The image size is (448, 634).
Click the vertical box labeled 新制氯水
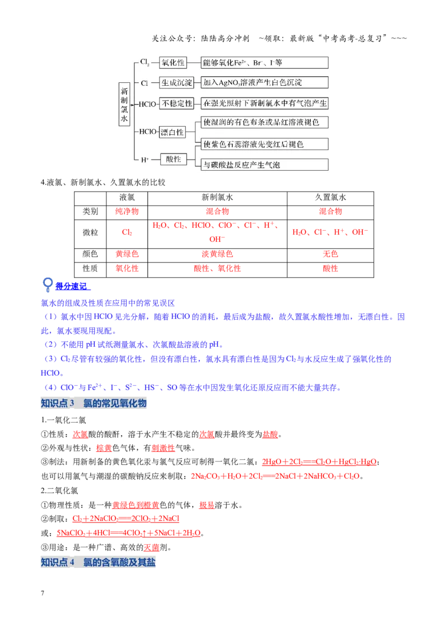pyautogui.click(x=124, y=104)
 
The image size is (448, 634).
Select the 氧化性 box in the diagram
pyautogui.click(x=173, y=63)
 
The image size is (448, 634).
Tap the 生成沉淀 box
pyautogui.click(x=177, y=82)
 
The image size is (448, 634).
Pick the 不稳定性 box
pyautogui.click(x=177, y=104)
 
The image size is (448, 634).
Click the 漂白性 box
pyautogui.click(x=172, y=132)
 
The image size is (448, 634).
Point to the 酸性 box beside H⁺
pyautogui.click(x=174, y=159)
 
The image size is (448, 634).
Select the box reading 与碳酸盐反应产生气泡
pyautogui.click(x=264, y=165)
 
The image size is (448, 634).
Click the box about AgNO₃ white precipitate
pyautogui.click(x=264, y=82)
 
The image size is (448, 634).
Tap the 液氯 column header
pyautogui.click(x=127, y=198)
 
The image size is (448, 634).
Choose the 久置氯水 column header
pyautogui.click(x=330, y=198)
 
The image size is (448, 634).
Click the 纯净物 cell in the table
pyautogui.click(x=127, y=212)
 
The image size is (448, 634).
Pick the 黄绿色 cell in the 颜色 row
pyautogui.click(x=127, y=254)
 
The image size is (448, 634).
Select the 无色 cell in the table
pyautogui.click(x=330, y=254)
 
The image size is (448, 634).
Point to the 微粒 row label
pyautogui.click(x=90, y=232)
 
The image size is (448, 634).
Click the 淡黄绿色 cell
pyautogui.click(x=217, y=254)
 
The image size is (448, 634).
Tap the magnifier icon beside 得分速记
pyautogui.click(x=47, y=285)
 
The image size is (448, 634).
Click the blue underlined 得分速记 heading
pyautogui.click(x=73, y=287)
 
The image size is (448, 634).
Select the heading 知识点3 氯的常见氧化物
pyautogui.click(x=94, y=403)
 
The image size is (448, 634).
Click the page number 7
pyautogui.click(x=43, y=593)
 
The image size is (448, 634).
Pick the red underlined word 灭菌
pyautogui.click(x=151, y=548)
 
